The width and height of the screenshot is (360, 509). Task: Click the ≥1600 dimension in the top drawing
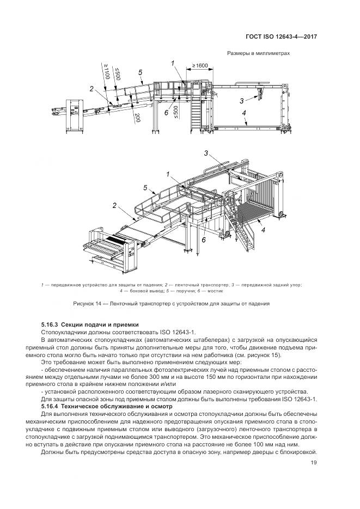pos(199,66)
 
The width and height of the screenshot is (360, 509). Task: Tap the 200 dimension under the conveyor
pos(138,118)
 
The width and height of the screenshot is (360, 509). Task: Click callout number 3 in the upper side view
pos(241,101)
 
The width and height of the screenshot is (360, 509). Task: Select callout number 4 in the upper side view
pos(245,113)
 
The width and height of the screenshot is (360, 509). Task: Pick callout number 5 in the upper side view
pos(140,72)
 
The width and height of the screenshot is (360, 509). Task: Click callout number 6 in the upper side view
pos(166,113)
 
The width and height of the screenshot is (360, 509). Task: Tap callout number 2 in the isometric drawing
pos(115,206)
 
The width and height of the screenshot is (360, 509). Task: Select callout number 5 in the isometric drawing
pos(145,188)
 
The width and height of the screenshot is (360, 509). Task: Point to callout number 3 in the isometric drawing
pos(206,153)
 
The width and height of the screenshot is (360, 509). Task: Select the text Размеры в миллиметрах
pos(258,53)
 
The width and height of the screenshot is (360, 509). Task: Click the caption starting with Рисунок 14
pos(172,303)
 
